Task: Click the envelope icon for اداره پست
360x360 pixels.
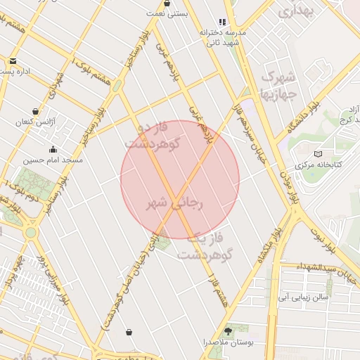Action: tap(13, 60)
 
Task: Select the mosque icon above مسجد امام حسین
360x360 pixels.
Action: tap(53, 149)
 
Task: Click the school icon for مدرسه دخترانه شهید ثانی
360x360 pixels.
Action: tap(223, 22)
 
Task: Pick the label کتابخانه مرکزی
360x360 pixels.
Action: tap(317, 165)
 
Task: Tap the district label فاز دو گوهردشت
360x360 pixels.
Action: tap(153, 134)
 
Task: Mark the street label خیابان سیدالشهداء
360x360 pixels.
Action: tap(325, 269)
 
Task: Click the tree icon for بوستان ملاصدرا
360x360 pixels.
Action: tap(228, 329)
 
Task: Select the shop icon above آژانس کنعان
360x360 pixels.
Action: tap(35, 111)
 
